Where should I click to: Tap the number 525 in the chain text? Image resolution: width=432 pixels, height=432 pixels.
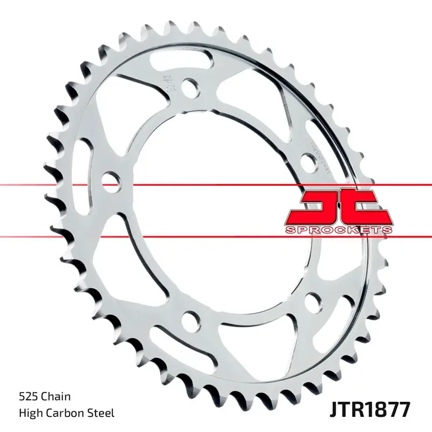(x=29, y=397)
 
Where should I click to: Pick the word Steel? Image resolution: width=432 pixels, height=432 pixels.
(x=102, y=414)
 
